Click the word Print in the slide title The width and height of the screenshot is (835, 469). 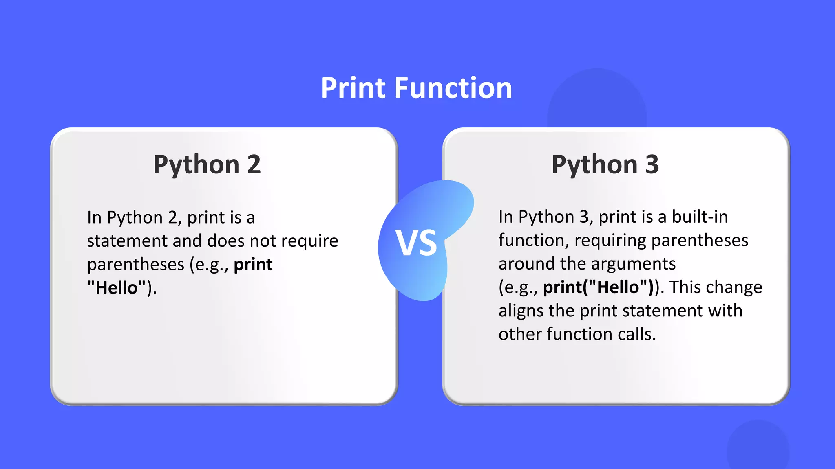point(353,88)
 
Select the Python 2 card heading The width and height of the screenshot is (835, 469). point(207,165)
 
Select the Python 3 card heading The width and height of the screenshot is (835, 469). point(605,165)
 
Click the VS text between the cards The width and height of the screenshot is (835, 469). point(416,243)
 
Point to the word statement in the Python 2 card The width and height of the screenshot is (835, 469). point(127,241)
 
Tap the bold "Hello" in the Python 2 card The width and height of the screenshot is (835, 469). point(117,288)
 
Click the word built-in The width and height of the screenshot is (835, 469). point(700,217)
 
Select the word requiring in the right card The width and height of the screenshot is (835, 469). point(610,241)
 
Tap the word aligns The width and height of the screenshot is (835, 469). point(521,311)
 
